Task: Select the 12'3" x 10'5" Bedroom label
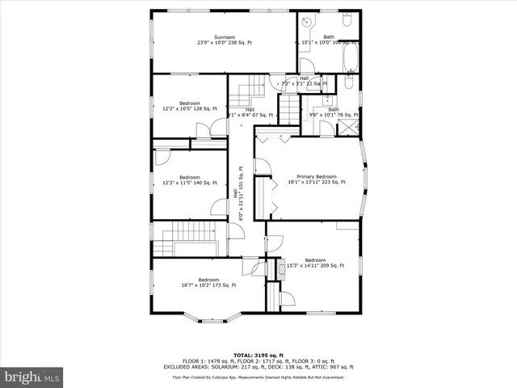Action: [189, 106]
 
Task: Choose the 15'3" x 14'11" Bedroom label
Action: [315, 262]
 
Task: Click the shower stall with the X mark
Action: [351, 127]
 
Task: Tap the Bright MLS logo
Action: [32, 377]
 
